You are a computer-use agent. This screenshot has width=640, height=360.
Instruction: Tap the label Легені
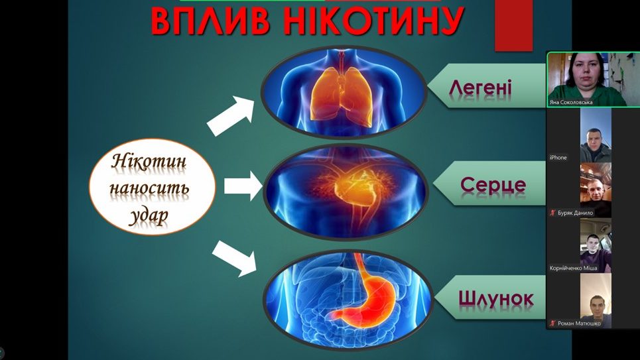tap(480, 88)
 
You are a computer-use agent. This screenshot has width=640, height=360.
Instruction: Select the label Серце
tap(493, 185)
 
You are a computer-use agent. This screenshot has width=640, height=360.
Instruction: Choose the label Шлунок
tap(495, 298)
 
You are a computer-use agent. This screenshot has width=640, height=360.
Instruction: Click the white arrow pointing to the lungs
tap(230, 115)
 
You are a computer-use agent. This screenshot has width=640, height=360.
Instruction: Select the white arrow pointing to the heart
tap(243, 186)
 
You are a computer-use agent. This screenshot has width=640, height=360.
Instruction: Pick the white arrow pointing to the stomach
tap(234, 259)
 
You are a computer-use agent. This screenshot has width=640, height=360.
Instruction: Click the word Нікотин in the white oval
tap(149, 162)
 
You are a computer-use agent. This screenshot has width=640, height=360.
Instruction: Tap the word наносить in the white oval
tap(149, 188)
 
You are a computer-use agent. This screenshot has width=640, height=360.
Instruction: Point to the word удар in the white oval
tap(149, 215)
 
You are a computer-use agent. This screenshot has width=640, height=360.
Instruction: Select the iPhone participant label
tap(558, 158)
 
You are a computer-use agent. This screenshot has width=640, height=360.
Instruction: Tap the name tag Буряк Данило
tap(572, 213)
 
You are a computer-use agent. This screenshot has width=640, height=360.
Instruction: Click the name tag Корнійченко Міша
tap(573, 268)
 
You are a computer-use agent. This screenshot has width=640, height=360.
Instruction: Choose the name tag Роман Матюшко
tap(576, 324)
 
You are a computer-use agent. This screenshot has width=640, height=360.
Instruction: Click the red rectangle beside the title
tap(514, 26)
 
